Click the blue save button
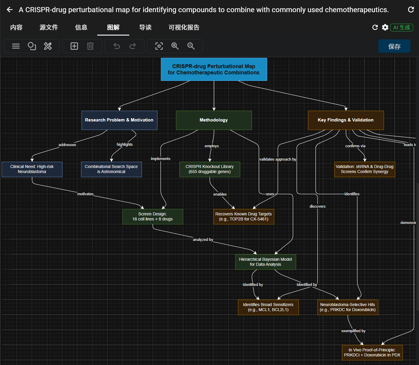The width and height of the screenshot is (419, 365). click(x=394, y=46)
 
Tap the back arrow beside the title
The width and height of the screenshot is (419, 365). click(x=10, y=10)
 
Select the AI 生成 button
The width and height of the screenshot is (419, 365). click(x=402, y=28)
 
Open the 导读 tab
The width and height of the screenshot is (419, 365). click(x=145, y=28)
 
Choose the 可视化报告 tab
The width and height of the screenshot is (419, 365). click(x=184, y=28)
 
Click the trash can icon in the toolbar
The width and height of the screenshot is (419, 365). click(x=90, y=46)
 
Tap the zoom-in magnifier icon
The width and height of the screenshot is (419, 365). click(x=175, y=46)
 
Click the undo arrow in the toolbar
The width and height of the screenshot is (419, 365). click(x=117, y=46)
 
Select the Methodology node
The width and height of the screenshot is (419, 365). click(x=214, y=120)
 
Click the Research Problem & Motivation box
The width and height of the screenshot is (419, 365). click(x=119, y=120)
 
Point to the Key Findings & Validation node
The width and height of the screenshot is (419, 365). click(x=346, y=120)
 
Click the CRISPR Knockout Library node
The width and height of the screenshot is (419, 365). click(x=210, y=169)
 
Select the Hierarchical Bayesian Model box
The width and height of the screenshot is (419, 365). click(x=265, y=262)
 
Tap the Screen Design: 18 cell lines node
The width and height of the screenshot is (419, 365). click(x=152, y=217)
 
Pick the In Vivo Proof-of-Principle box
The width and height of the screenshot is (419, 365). click(x=372, y=353)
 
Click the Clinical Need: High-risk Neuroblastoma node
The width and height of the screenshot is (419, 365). click(x=32, y=169)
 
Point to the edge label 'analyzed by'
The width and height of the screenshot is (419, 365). click(x=203, y=240)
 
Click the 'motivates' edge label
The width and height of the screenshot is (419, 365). click(x=85, y=194)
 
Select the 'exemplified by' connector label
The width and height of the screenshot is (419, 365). click(x=353, y=331)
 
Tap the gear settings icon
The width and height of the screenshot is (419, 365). click(x=385, y=28)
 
